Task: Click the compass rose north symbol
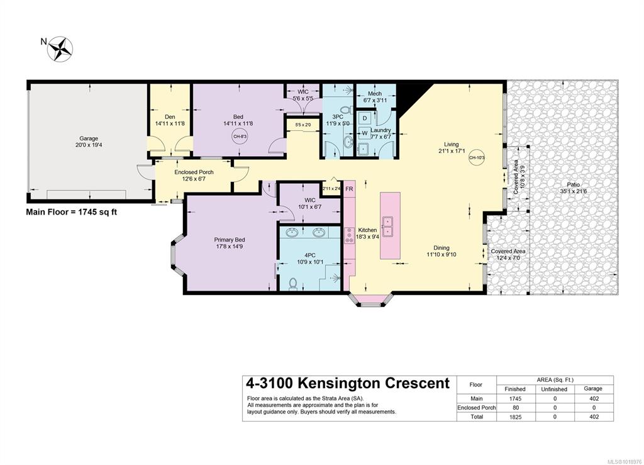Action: pyautogui.click(x=60, y=49)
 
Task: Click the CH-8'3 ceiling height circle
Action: pyautogui.click(x=240, y=137)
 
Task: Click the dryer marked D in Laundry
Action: pyautogui.click(x=365, y=118)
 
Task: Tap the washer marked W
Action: pyautogui.click(x=365, y=133)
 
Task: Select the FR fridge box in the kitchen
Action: pyautogui.click(x=350, y=189)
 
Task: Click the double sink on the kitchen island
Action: pyautogui.click(x=388, y=227)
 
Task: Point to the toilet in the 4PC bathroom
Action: pyautogui.click(x=293, y=284)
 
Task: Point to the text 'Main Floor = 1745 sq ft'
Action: pyautogui.click(x=72, y=212)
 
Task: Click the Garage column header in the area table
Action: pyautogui.click(x=592, y=388)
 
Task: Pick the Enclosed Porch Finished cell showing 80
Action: pyautogui.click(x=516, y=408)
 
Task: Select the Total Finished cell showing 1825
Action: pyautogui.click(x=516, y=417)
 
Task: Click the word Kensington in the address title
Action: pyautogui.click(x=338, y=383)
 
